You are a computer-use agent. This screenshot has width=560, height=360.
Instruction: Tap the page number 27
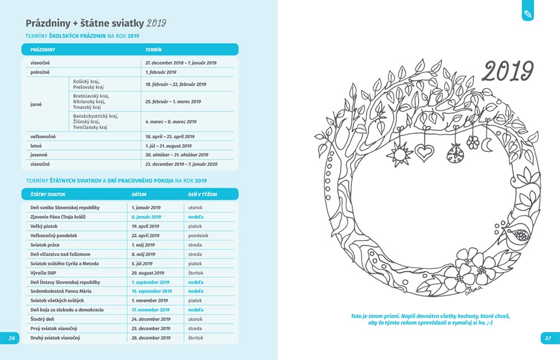click(548, 338)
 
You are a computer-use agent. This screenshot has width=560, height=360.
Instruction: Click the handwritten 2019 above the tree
click(508, 71)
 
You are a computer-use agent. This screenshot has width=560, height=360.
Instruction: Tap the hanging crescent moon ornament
click(487, 144)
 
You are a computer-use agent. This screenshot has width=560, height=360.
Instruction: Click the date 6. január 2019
click(146, 217)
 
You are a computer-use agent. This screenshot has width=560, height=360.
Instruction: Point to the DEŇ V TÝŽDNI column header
click(202, 194)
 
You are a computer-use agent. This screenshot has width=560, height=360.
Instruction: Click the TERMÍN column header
click(153, 50)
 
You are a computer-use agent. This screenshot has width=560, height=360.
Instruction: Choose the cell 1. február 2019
click(161, 72)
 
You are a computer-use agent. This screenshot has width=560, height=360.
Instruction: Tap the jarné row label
click(36, 104)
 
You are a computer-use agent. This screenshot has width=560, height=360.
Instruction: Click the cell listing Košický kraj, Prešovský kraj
click(88, 84)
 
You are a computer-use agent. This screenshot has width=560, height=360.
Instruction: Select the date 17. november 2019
click(150, 310)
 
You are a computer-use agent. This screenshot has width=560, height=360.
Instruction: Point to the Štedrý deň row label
click(42, 319)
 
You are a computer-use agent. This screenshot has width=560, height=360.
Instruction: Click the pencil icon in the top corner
click(528, 12)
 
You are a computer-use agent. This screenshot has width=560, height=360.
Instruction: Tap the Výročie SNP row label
click(43, 273)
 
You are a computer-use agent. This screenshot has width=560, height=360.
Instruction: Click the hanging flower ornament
click(473, 143)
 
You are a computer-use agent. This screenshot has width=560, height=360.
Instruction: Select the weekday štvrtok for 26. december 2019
click(195, 338)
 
